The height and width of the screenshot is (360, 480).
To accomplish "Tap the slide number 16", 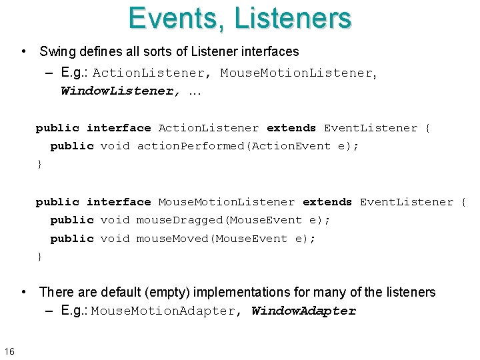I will click(x=9, y=351).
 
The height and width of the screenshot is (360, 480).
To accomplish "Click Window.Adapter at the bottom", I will click(x=304, y=311).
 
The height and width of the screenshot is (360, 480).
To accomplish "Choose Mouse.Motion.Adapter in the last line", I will click(x=163, y=311).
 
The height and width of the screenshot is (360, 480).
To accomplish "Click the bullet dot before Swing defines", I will click(x=24, y=51).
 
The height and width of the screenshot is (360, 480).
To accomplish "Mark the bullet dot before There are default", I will click(x=24, y=292).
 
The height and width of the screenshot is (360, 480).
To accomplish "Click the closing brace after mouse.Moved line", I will click(x=39, y=257).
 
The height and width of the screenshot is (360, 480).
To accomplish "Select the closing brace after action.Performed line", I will click(x=39, y=164).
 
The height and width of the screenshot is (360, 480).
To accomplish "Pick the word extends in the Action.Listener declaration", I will click(x=291, y=128).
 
